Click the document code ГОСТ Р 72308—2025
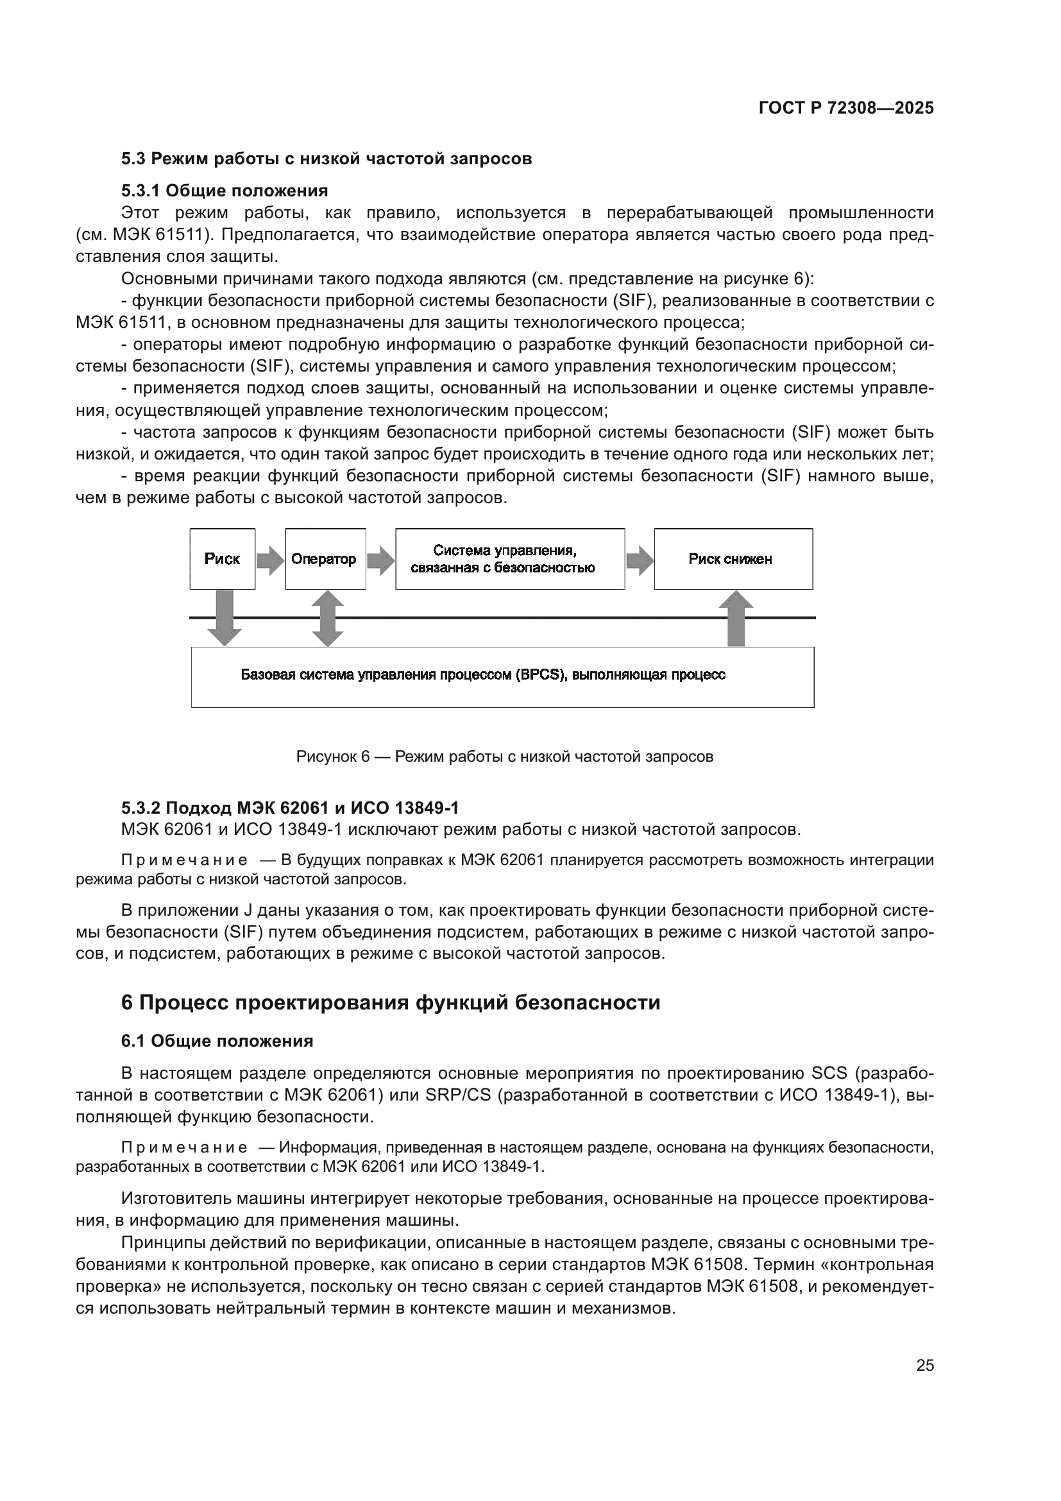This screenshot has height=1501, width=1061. [x=846, y=108]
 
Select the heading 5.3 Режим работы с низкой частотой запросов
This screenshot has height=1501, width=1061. [x=326, y=159]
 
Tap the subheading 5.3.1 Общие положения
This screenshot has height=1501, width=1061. [x=224, y=191]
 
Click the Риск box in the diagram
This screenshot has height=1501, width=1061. [x=222, y=559]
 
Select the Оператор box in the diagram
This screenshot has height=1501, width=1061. [x=325, y=559]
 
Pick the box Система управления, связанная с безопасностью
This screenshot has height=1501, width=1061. [x=509, y=559]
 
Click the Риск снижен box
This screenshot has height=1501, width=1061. [x=733, y=559]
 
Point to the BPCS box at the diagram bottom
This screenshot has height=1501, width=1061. [x=502, y=676]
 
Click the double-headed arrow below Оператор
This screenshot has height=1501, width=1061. [x=327, y=618]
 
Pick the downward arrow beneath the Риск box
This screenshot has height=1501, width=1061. [x=224, y=618]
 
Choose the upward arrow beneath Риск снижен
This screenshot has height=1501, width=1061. [x=736, y=619]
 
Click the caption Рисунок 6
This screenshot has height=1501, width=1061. [x=504, y=757]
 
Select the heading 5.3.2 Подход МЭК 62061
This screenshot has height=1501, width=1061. [x=289, y=808]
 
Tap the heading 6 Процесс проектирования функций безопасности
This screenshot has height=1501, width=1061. [x=391, y=1002]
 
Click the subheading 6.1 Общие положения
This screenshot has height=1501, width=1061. [x=217, y=1042]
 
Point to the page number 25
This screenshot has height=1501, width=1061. [x=924, y=1365]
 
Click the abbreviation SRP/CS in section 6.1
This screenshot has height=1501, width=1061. [x=457, y=1095]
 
